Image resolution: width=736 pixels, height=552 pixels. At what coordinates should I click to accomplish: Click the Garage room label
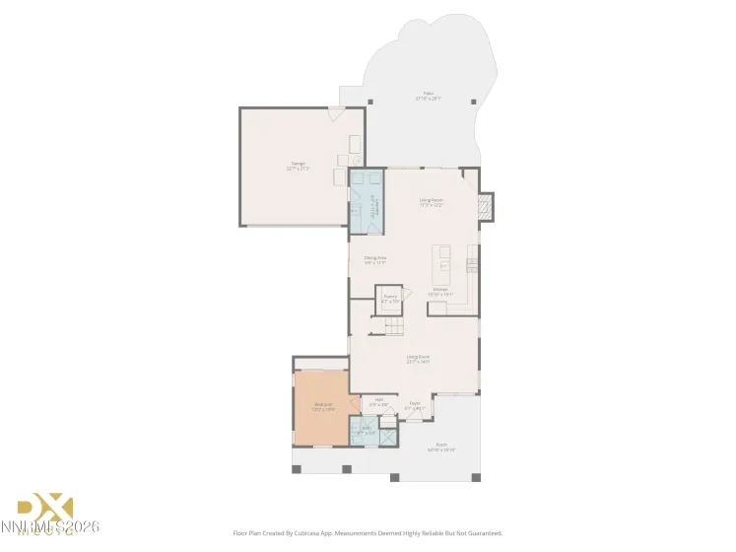tap(298, 166)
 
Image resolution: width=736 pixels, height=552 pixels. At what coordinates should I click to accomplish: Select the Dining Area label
tap(373, 260)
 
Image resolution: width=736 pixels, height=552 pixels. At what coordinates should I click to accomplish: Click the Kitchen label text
tap(439, 291)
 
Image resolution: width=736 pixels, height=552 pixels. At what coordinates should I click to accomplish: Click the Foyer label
tap(414, 404)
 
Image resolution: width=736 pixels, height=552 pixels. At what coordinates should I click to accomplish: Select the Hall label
tap(378, 401)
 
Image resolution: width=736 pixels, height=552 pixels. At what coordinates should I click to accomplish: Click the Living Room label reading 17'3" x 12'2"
tap(432, 202)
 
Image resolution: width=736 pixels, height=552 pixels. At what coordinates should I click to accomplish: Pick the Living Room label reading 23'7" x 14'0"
tap(418, 359)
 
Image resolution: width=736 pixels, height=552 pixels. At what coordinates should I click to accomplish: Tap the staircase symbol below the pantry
tap(394, 326)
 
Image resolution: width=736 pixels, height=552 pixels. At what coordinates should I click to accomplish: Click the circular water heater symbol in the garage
tap(357, 161)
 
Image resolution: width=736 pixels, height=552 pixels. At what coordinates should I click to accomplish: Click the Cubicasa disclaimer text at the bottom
tap(368, 532)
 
